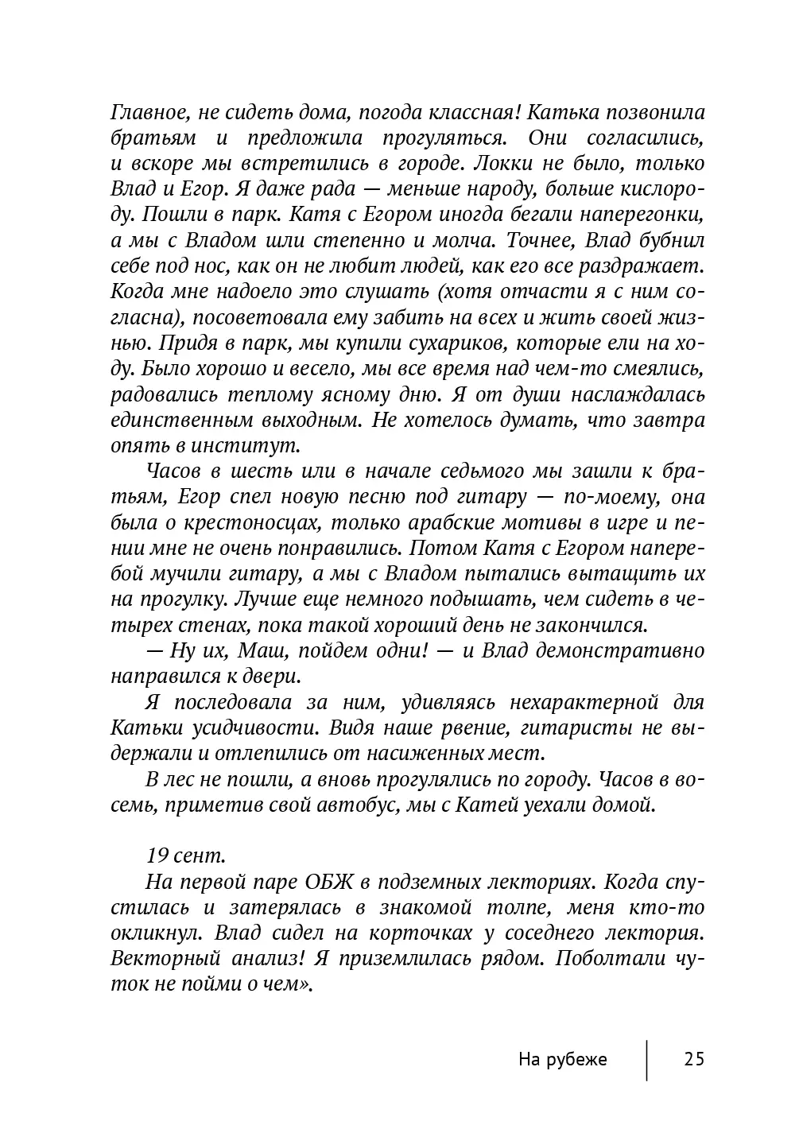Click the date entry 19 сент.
[x=185, y=855]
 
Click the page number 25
[x=693, y=1060]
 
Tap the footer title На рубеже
[x=562, y=1060]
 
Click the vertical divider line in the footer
[x=646, y=1060]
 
